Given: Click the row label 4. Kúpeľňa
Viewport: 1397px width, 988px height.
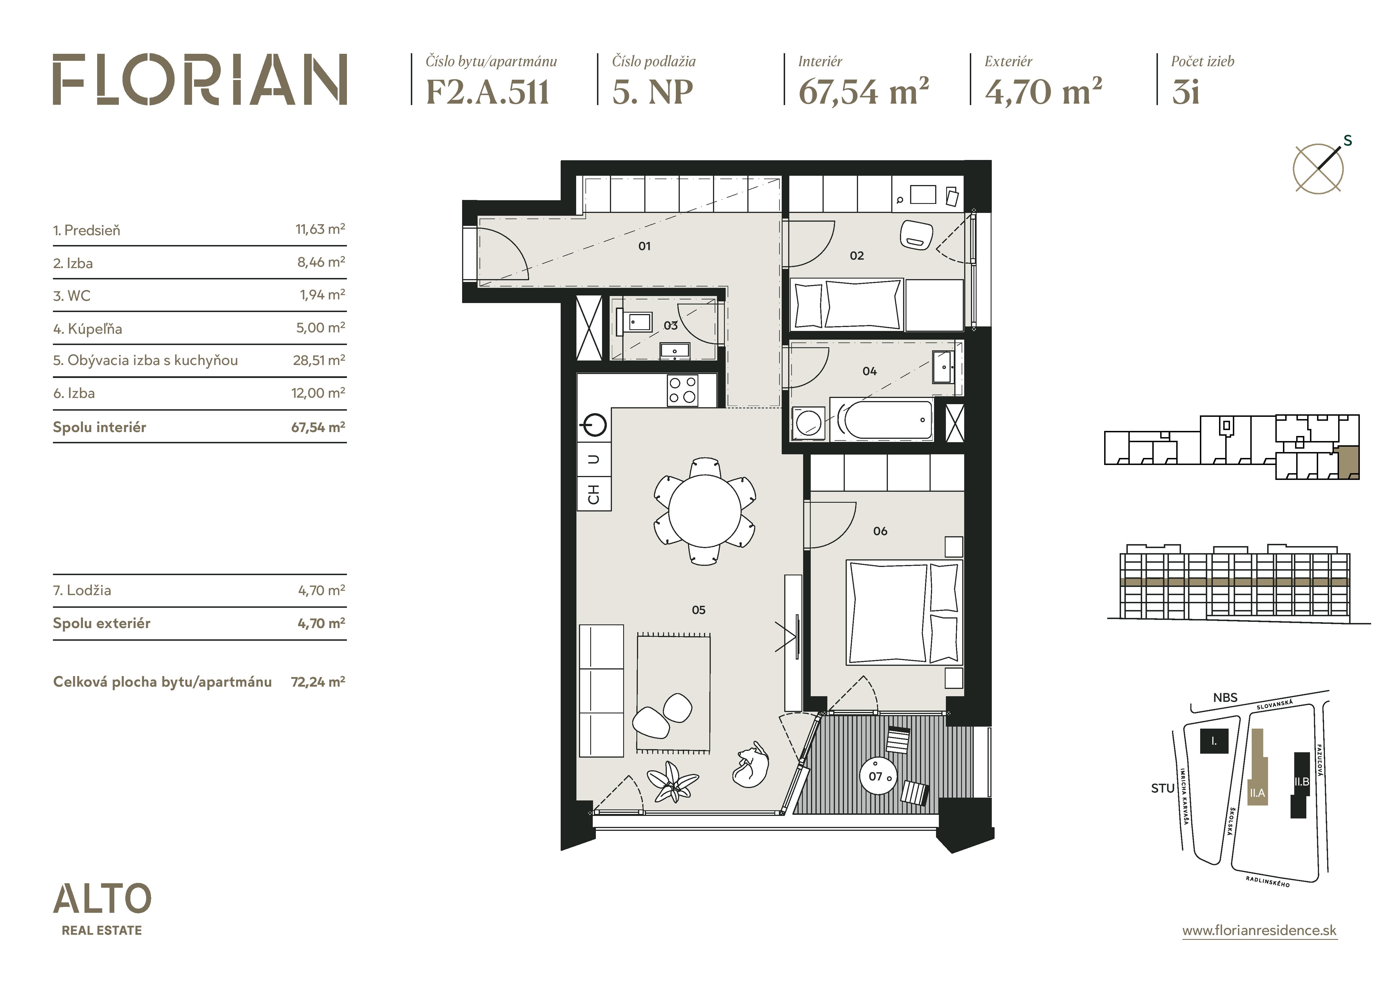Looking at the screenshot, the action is [x=88, y=329].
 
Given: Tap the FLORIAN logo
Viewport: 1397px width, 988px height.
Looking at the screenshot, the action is [x=200, y=80].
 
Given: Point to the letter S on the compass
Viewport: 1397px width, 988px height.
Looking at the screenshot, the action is [x=1348, y=141].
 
